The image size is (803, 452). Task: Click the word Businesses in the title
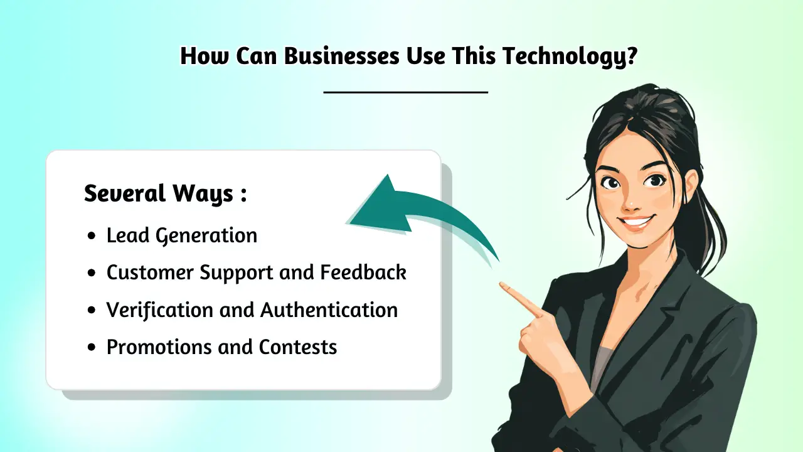341,56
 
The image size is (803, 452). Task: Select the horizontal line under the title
406,92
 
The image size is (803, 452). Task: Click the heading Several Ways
165,193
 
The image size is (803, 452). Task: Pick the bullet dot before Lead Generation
92,236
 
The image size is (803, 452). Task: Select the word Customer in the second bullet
150,272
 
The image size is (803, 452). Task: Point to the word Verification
150,309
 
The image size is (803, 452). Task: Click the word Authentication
329,309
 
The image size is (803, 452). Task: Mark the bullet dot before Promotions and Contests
92,347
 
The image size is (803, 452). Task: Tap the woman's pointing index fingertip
502,286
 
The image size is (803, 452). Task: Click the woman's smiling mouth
636,222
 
